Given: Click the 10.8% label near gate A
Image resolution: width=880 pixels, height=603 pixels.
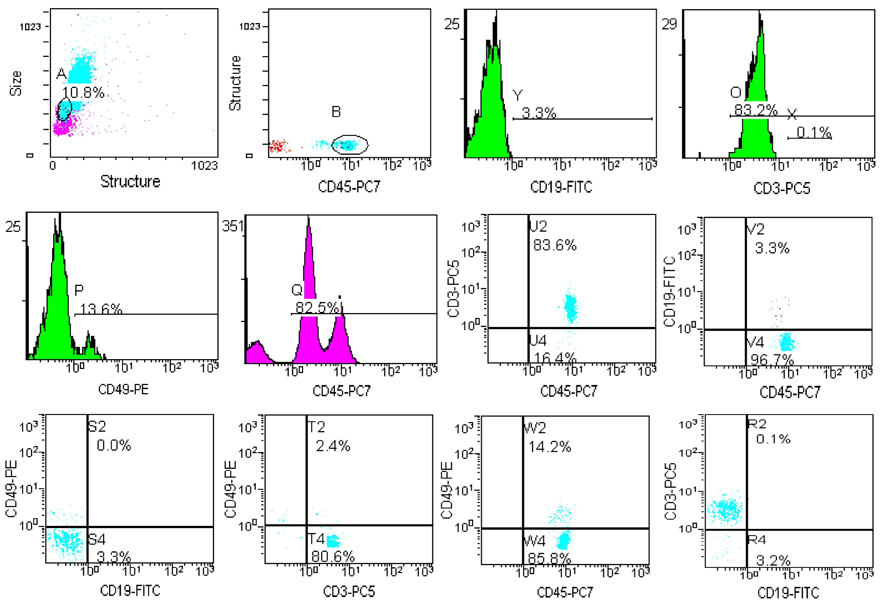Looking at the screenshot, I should click(x=83, y=92).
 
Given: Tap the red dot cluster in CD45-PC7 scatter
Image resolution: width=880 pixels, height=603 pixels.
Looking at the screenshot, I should click(x=278, y=146).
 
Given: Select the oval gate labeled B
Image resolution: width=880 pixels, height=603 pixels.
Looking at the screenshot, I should click(x=350, y=144).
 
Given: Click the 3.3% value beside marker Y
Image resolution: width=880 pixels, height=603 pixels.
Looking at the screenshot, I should click(x=539, y=113).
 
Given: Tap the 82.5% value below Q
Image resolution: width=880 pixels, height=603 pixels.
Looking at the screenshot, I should click(x=317, y=307).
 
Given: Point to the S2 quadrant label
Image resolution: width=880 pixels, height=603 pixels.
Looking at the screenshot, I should click(x=97, y=427).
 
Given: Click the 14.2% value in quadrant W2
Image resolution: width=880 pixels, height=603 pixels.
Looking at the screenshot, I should click(x=549, y=447).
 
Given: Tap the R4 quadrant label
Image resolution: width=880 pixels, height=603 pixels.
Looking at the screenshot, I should click(x=757, y=540).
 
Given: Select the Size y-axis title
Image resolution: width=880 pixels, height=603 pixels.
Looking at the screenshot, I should click(x=16, y=83).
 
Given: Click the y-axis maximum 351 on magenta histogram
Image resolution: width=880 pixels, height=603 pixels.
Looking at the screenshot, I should click(x=233, y=226).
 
